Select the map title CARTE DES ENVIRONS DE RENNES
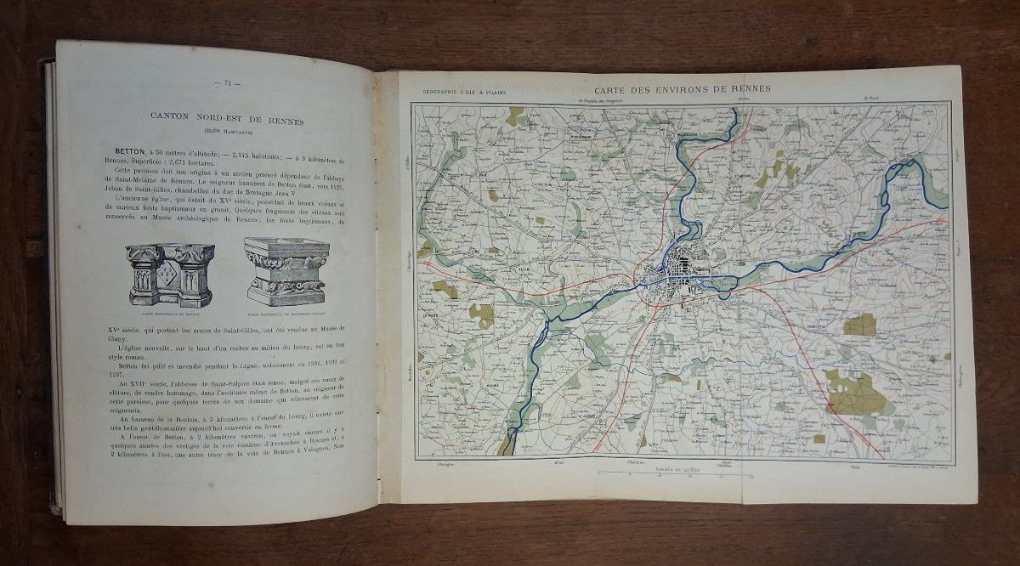click(683, 88)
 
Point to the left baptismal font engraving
click(170, 274)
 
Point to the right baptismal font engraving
click(286, 270)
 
